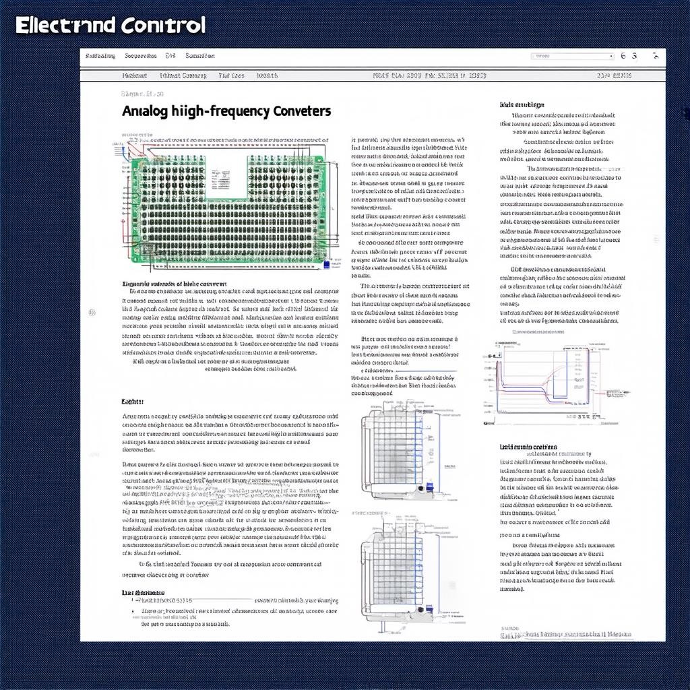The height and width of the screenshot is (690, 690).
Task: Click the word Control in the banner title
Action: (163, 26)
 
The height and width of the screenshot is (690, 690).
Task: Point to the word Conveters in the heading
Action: (303, 111)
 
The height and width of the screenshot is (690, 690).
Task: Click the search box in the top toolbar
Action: (572, 57)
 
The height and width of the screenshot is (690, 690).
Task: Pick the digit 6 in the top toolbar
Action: (623, 57)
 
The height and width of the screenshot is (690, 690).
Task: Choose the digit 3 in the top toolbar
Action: (635, 57)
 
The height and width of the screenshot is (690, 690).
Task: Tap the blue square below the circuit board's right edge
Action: (327, 265)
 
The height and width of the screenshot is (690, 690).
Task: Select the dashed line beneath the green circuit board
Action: (222, 273)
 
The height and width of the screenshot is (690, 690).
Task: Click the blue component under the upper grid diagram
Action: (429, 487)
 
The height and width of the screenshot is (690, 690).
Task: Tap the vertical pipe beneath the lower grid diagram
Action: (381, 626)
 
